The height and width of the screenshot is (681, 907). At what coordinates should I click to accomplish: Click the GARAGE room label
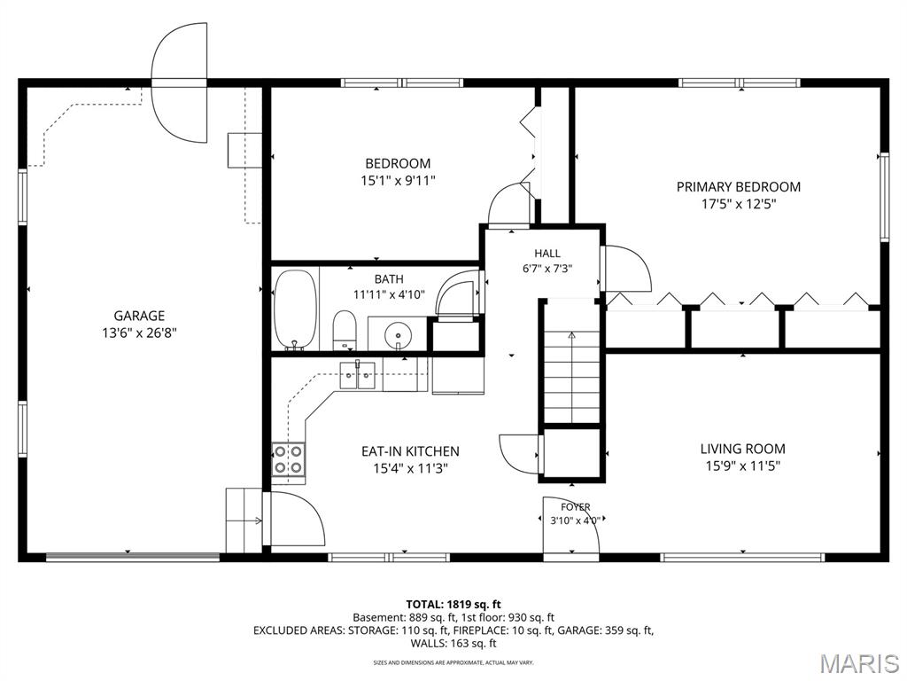(x=139, y=316)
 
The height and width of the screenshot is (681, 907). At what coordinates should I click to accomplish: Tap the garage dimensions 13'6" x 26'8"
(x=139, y=333)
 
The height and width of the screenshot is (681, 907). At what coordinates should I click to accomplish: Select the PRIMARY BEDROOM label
(x=739, y=187)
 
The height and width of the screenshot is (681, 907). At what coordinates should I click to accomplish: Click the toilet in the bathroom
(x=345, y=331)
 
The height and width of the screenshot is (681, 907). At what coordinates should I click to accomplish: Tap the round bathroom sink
(x=398, y=334)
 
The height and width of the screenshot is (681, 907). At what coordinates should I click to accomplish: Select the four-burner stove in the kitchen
(x=289, y=458)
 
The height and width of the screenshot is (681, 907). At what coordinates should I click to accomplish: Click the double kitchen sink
(x=358, y=376)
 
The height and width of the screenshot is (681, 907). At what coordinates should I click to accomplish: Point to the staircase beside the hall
(x=572, y=362)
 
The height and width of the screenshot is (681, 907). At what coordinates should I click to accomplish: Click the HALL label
(x=547, y=253)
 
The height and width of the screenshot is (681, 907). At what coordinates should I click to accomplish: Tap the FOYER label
(x=576, y=507)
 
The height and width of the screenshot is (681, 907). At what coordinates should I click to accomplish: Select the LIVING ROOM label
(x=743, y=449)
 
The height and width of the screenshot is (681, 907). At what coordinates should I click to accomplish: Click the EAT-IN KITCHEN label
(x=411, y=451)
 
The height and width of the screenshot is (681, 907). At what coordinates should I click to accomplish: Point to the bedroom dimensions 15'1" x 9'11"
(x=398, y=181)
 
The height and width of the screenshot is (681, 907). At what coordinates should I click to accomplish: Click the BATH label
(x=389, y=279)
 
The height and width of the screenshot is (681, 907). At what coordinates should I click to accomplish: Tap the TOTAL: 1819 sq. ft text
(x=453, y=605)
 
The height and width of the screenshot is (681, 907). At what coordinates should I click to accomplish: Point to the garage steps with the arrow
(x=244, y=520)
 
